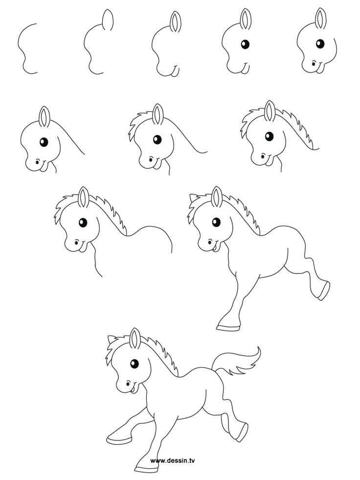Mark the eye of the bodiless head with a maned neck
[268, 136]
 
